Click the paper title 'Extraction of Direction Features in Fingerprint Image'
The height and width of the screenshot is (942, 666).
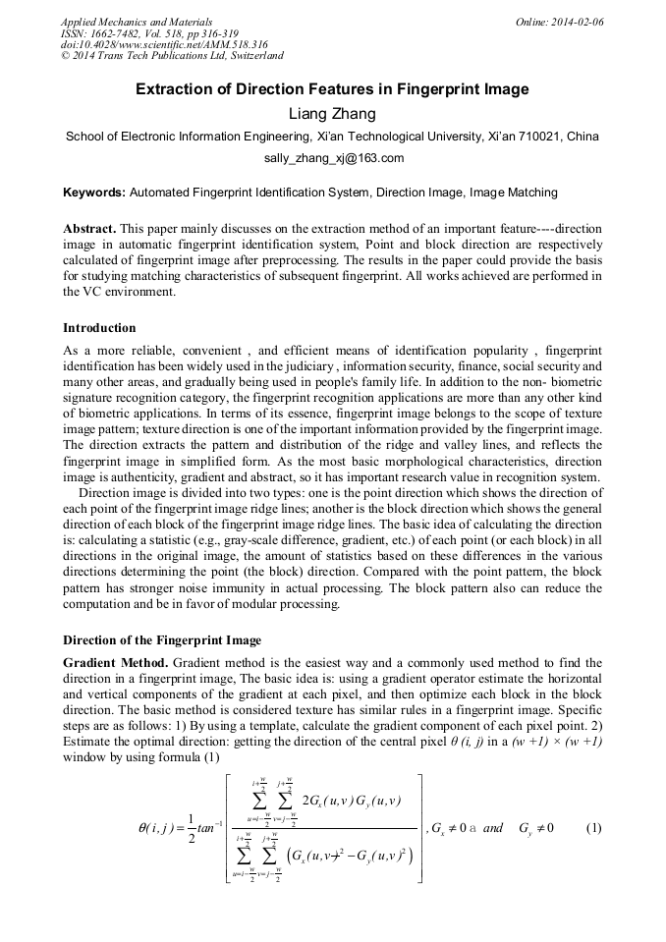[x=332, y=89]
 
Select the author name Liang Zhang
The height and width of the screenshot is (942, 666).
[x=332, y=114]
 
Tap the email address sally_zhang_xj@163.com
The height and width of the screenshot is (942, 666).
[x=333, y=158]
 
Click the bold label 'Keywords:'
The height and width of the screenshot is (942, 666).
[x=94, y=193]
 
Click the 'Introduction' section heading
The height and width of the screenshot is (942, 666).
[x=99, y=328]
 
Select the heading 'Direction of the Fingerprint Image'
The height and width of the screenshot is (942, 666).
[x=162, y=640]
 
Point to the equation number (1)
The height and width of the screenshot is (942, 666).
[x=593, y=828]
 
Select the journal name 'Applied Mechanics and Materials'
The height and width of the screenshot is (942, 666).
[x=136, y=22]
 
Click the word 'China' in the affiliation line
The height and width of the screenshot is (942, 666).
[x=583, y=137]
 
